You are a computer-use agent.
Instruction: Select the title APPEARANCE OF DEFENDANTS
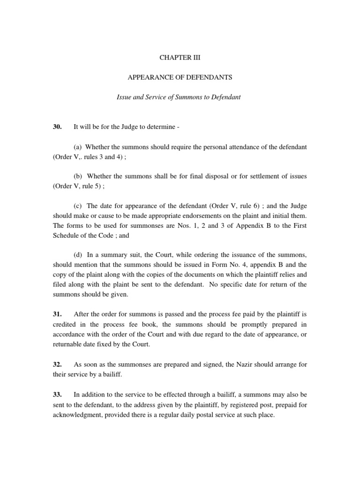180,78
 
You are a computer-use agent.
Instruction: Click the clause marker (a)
78,147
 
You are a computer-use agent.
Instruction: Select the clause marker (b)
78,176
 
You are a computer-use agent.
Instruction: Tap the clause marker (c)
78,205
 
